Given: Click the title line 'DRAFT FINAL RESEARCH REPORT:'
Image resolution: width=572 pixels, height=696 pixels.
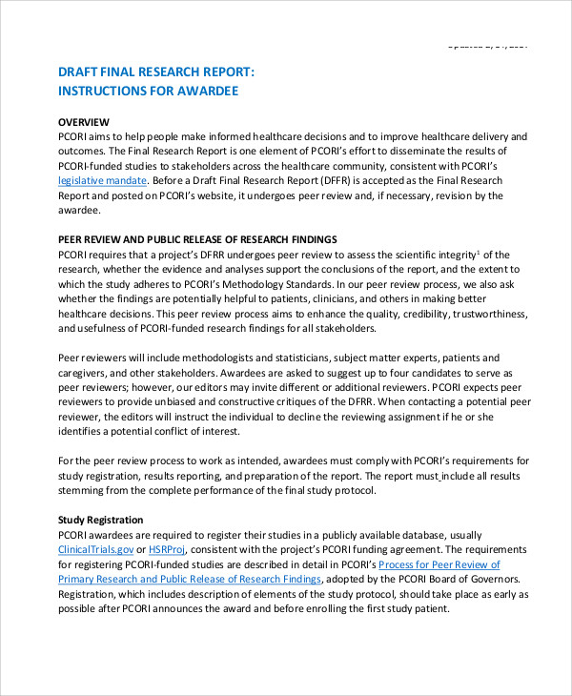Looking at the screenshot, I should pos(156,72).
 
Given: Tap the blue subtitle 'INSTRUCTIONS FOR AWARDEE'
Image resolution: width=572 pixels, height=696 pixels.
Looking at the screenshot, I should pos(148,92).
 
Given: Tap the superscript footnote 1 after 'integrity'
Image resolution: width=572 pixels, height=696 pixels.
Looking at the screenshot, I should pos(479,252).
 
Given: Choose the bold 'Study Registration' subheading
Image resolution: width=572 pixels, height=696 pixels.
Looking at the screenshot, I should pos(100,520).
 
